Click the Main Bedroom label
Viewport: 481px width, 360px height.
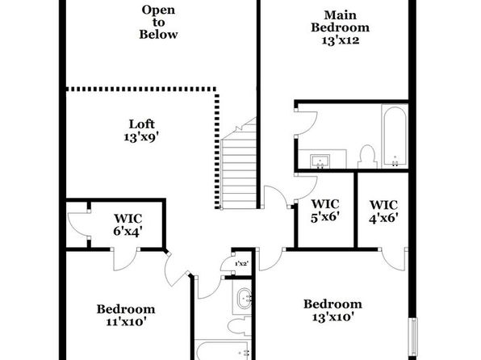[341, 27]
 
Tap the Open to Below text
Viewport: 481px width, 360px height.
[158, 22]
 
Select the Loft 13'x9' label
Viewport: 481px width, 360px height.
[141, 131]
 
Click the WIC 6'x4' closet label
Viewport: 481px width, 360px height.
[128, 224]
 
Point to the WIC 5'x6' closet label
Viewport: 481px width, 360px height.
[325, 210]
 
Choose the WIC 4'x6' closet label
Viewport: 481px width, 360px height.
[383, 211]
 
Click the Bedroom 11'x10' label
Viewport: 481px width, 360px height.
[126, 315]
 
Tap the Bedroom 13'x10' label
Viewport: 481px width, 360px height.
[333, 310]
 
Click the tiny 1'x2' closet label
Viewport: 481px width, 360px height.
[241, 263]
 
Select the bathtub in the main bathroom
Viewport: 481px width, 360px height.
[395, 136]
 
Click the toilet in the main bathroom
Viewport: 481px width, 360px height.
[367, 157]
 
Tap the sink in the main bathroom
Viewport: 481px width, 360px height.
[320, 161]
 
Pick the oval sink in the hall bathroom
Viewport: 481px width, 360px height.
[245, 298]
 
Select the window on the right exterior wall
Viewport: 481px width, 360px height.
[414, 337]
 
